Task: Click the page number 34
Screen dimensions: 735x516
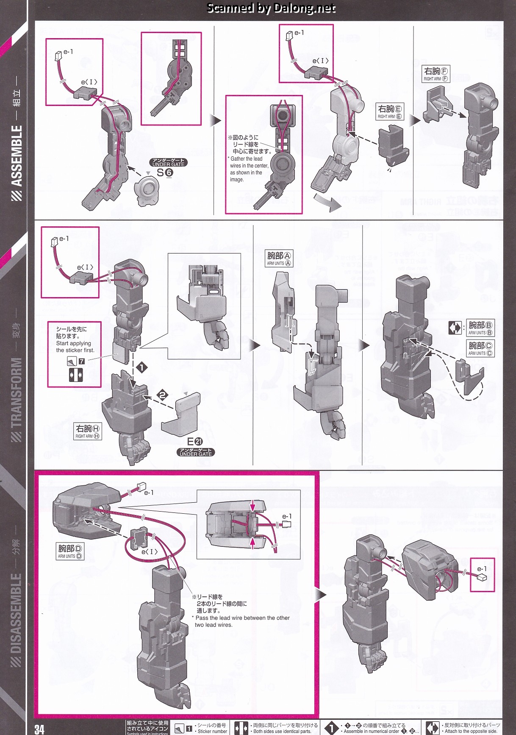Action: click(x=39, y=729)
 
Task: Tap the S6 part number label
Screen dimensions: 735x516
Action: click(x=165, y=173)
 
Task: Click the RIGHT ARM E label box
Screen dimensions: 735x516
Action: click(x=390, y=112)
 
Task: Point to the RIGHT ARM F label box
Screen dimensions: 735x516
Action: click(x=436, y=74)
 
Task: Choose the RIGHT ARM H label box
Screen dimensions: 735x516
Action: click(x=88, y=432)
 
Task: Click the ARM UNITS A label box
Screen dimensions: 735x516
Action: click(x=279, y=259)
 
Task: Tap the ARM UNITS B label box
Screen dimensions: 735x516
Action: click(x=480, y=328)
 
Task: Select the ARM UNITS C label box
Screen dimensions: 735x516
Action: click(x=480, y=348)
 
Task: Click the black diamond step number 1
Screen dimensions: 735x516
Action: click(x=141, y=367)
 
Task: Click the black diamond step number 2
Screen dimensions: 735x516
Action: click(x=163, y=395)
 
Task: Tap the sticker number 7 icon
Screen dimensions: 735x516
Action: click(x=81, y=361)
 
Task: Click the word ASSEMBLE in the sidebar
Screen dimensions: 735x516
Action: click(x=17, y=156)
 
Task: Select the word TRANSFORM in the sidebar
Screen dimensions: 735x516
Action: click(x=17, y=393)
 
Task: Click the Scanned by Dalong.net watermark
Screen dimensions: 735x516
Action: click(x=271, y=8)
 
